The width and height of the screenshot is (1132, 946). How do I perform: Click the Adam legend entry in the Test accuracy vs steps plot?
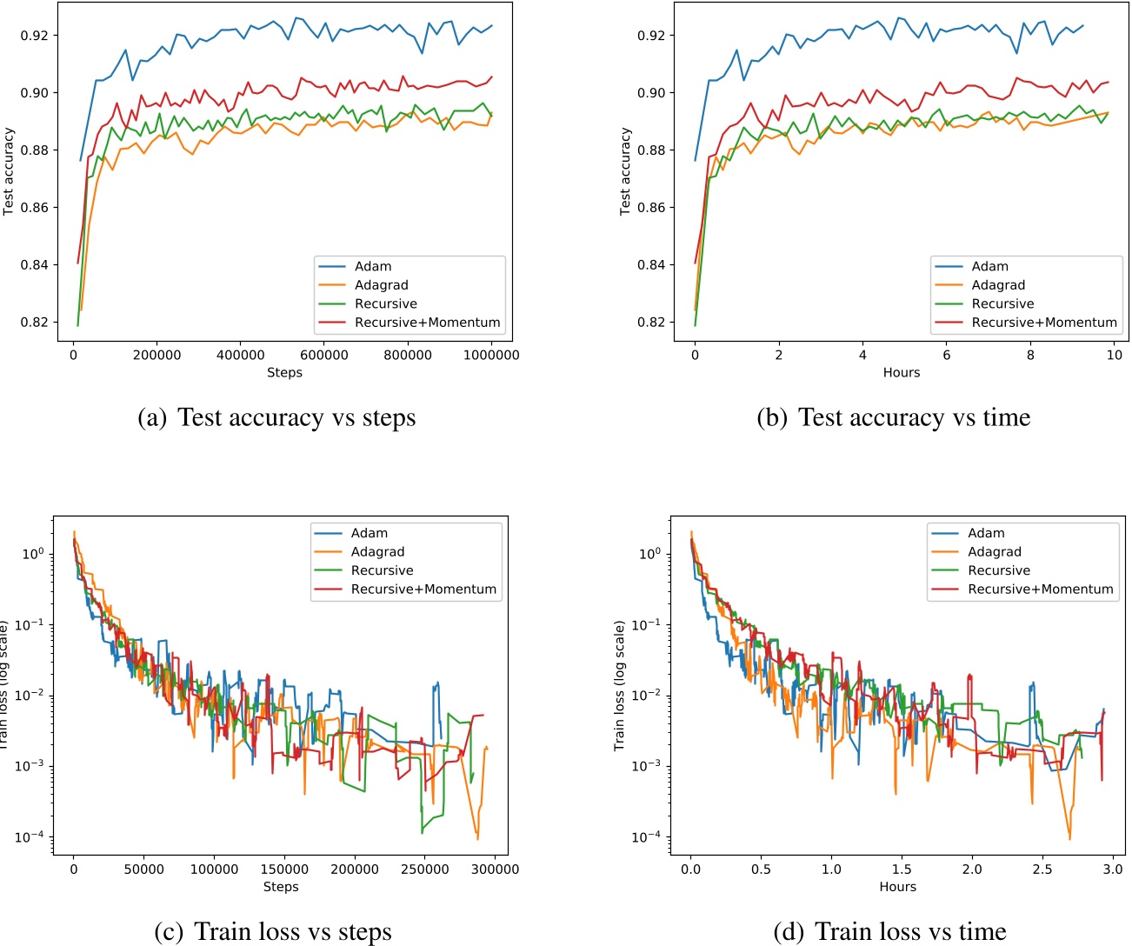coord(372,266)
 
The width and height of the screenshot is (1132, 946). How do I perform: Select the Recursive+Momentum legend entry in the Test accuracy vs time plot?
coord(1043,323)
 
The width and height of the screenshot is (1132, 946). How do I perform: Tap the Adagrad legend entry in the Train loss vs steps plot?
coord(377,552)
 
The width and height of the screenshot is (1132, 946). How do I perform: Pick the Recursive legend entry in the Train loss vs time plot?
coord(998,570)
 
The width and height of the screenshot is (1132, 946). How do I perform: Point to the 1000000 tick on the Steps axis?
coord(491,355)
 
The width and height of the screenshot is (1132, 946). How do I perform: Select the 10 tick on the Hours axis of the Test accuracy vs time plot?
coord(1114,355)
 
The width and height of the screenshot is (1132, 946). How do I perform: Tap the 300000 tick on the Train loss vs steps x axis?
coord(495,869)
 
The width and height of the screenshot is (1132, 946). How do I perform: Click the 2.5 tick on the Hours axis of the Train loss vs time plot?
coord(1042,869)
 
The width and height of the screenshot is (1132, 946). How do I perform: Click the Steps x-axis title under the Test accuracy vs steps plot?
coord(284,373)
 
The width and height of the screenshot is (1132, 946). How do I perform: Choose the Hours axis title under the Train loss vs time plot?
coord(897,887)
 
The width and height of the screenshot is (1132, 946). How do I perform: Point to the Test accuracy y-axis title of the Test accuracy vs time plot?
coord(625,171)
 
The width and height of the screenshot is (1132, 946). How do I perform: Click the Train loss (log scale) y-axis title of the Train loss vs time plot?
coord(619,686)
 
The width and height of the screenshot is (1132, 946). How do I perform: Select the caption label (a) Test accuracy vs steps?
coord(276,418)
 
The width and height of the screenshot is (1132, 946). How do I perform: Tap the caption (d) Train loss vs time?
coord(889,932)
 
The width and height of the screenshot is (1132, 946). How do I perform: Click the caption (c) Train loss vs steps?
coord(273,932)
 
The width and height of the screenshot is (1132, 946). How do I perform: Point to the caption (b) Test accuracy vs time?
coord(893,418)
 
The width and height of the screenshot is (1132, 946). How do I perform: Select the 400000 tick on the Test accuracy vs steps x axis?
coord(240,355)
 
